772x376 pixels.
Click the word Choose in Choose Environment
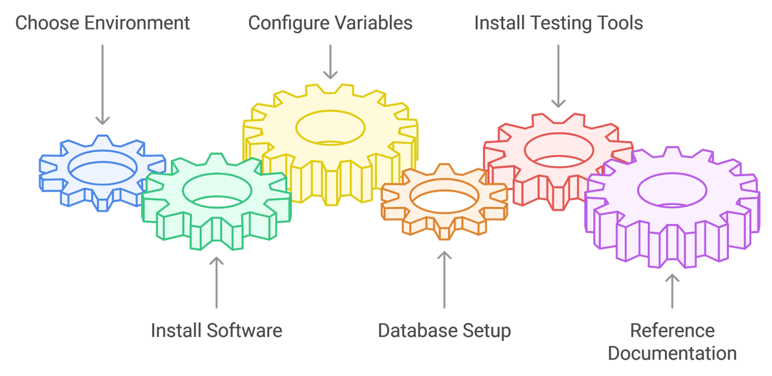[x=47, y=23]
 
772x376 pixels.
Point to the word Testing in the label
[x=561, y=23]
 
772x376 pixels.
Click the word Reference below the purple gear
[x=672, y=331]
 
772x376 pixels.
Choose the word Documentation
[x=672, y=353]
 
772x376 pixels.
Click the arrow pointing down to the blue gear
[x=102, y=84]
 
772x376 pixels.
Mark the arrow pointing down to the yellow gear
[x=331, y=62]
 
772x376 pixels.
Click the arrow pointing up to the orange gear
[x=444, y=280]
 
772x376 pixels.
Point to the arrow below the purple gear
[x=672, y=291]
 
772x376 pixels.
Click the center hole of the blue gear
[x=103, y=168]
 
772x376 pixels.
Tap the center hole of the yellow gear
[x=330, y=128]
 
